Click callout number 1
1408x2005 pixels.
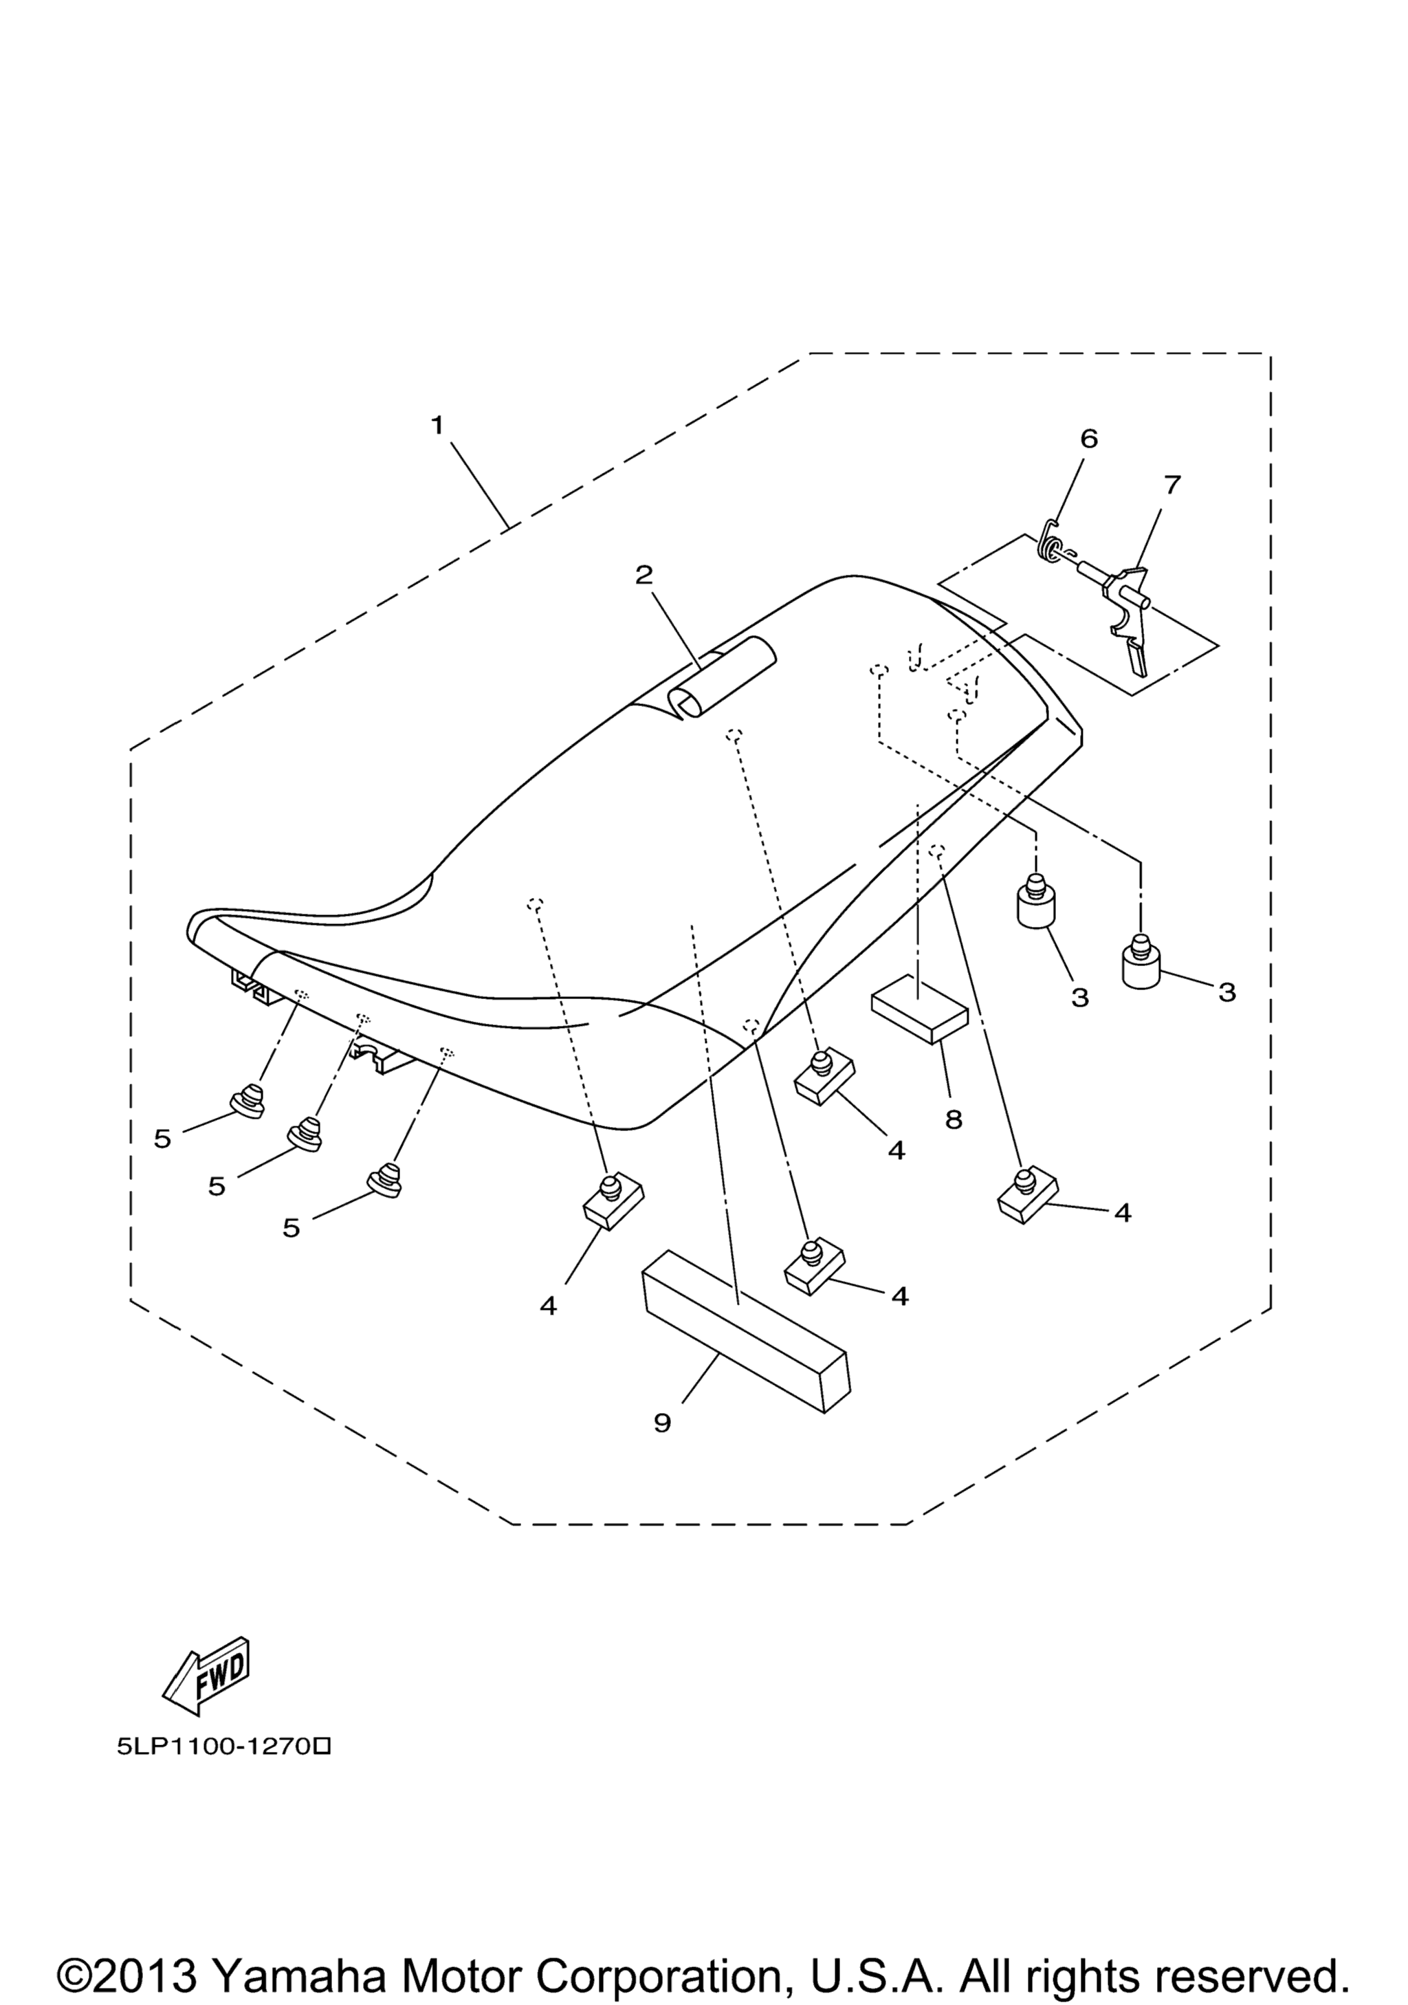(437, 426)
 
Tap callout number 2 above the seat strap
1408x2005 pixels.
(644, 575)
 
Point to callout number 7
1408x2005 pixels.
(1171, 485)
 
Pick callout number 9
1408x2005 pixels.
(663, 1423)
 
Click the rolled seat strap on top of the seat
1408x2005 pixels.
(721, 678)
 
